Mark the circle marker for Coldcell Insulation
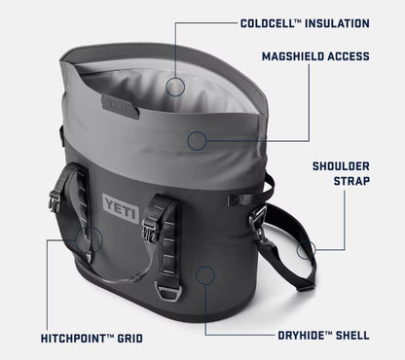click(175, 87)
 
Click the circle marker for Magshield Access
click(198, 140)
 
